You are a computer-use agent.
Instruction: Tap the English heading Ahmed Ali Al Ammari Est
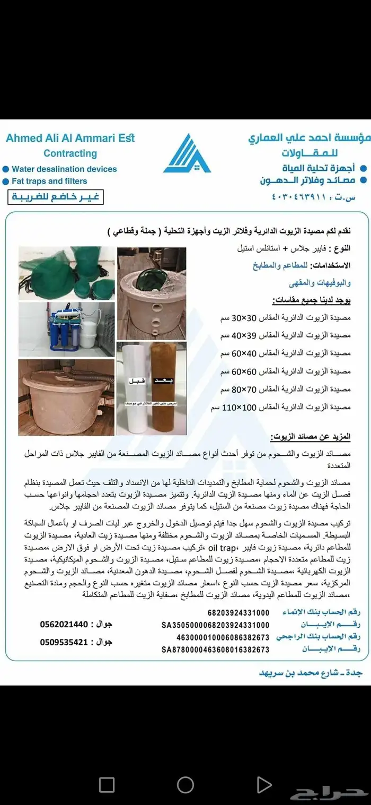click(70, 139)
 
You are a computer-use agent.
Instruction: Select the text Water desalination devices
click(64, 169)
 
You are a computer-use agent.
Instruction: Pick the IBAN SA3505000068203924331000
click(216, 625)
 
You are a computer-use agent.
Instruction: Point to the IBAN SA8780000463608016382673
click(216, 649)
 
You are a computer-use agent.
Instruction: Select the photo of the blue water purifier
click(66, 329)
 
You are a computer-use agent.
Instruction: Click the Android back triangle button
click(263, 784)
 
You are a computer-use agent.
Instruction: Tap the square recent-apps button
click(107, 784)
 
